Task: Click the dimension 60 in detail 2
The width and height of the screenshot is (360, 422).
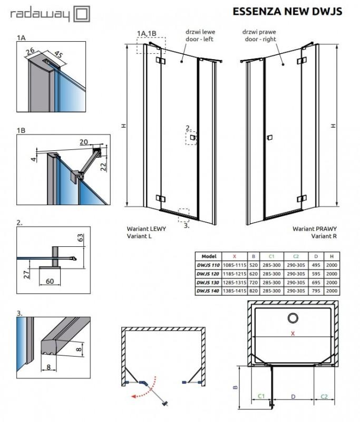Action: coord(50,281)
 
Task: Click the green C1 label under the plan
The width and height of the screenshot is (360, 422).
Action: coord(261,395)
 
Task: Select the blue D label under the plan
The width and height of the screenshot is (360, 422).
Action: coord(293,395)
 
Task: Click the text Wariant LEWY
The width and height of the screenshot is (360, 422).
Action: coord(144,229)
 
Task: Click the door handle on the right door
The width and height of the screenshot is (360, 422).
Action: coord(269,138)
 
